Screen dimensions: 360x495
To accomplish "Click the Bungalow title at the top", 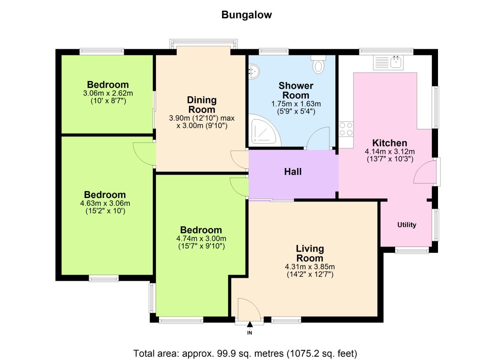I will coord(247,15).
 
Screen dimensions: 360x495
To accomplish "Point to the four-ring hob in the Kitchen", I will coord(346,129).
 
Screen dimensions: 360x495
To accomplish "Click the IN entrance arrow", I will coord(250,325).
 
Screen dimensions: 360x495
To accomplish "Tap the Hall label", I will coord(293,172).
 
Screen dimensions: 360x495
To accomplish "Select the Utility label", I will coord(406,225).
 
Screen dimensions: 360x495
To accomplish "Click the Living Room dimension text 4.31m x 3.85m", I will coord(310,267).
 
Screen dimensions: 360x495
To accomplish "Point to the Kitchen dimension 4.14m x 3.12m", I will coord(390,151).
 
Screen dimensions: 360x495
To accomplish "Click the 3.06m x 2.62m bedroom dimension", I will coord(108,93).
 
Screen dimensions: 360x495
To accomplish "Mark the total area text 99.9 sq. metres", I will coord(245,353).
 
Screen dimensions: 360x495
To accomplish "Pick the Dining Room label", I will coord(202,105).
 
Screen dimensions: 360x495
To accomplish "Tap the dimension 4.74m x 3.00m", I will coord(201,239).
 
